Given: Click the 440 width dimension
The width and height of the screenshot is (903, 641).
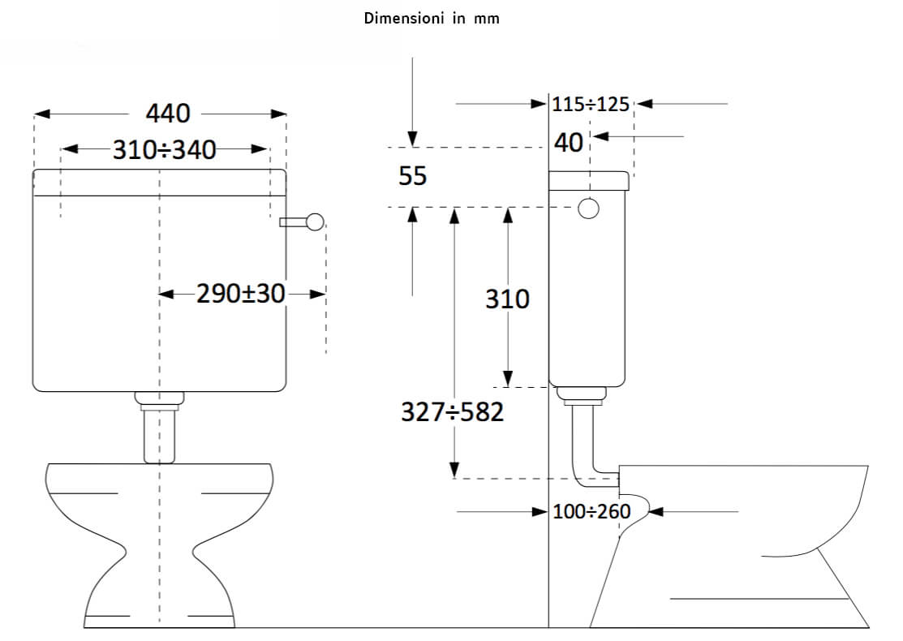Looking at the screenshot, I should point(168,114).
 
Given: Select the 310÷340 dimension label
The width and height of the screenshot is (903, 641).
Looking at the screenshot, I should point(164,149).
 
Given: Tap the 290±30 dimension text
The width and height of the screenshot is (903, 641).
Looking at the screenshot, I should point(241,294).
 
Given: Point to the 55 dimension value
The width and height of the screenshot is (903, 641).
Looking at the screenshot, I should point(412,175).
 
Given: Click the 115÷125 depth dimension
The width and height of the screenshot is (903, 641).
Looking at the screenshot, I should point(591,104).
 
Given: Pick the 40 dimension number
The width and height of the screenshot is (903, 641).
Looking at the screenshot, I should point(569,142).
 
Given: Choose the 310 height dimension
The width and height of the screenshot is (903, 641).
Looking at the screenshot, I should point(507,299).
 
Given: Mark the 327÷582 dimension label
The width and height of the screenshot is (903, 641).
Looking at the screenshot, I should point(452,412).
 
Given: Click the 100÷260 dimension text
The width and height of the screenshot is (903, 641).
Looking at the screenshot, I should point(591,512).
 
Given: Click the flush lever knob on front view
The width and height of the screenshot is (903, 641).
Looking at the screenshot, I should point(314,222).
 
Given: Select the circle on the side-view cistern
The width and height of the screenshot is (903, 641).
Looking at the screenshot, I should point(588,209).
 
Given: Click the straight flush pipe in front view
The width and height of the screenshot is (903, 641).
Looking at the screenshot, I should point(159,435).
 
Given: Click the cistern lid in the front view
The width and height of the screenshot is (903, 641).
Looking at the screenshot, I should point(159,183).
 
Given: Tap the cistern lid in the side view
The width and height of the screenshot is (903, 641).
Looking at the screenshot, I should point(588,179).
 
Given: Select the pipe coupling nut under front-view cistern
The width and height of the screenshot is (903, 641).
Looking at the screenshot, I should point(159,398).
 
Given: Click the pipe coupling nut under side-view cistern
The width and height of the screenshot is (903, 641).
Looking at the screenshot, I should point(583,394).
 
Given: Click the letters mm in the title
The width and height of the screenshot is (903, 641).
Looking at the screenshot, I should point(488,19).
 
